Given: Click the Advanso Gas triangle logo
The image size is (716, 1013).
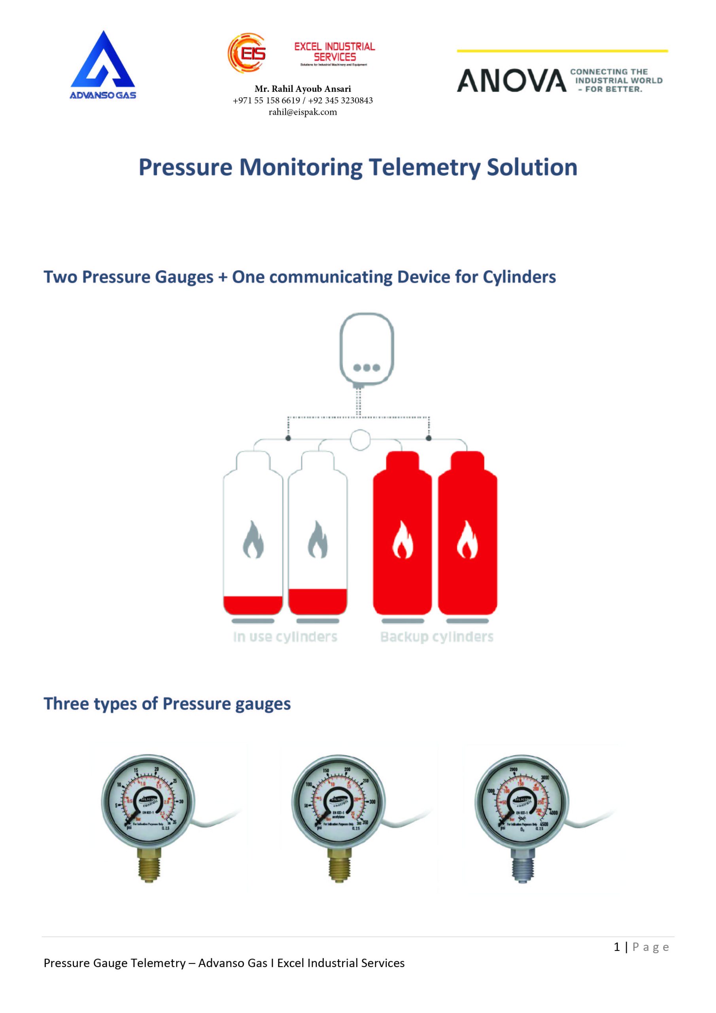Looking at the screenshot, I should [x=103, y=62].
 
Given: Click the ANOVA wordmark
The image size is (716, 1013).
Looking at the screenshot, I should [x=512, y=81].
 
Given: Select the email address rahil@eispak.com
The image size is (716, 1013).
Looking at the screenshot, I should [x=303, y=112].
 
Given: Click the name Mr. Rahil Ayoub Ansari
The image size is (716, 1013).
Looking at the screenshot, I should [x=303, y=89].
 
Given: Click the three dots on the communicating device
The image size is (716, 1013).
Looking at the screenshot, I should [x=367, y=368].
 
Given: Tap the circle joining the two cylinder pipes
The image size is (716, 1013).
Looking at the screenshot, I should [x=360, y=440].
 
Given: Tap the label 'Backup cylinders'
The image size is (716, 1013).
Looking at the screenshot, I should [x=436, y=637].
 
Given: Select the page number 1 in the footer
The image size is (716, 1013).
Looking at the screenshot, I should [x=617, y=947].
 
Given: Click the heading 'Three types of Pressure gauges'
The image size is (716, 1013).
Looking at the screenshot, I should [x=167, y=704].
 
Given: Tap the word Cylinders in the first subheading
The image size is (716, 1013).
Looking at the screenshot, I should [x=519, y=277].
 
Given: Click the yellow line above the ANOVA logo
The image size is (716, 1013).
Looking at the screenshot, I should [x=562, y=51].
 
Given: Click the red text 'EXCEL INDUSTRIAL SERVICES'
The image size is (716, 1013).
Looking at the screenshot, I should [x=334, y=51].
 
